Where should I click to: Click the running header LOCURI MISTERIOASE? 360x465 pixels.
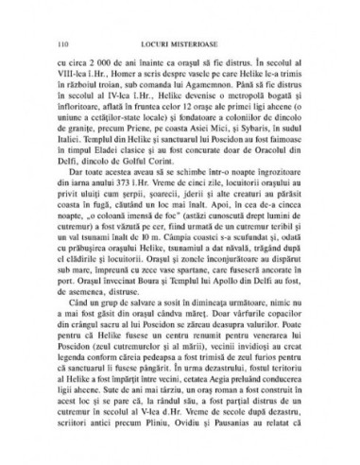(x=181, y=43)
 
